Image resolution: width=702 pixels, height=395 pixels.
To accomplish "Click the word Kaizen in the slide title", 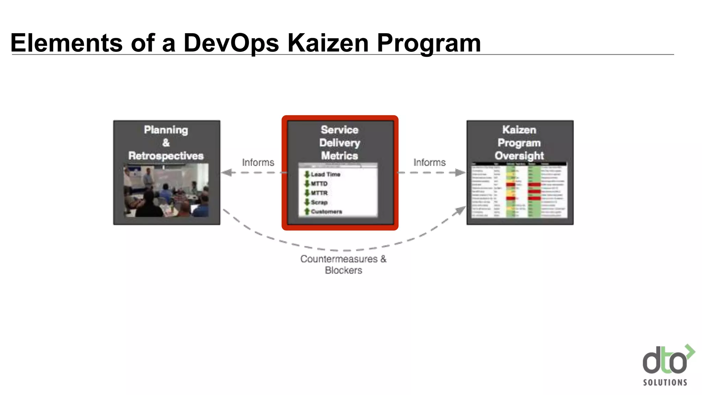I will (328, 43).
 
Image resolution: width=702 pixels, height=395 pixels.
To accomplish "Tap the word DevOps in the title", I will (231, 43).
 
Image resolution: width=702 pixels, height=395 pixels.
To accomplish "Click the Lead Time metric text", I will (325, 175).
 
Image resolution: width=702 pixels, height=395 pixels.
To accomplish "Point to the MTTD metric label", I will (319, 184).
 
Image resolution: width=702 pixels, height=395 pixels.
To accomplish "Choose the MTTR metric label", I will (319, 193).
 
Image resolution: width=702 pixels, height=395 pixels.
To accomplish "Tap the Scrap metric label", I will (319, 202).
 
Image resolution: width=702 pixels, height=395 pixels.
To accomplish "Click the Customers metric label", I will (326, 212).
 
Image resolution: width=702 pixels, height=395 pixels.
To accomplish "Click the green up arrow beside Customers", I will (307, 212).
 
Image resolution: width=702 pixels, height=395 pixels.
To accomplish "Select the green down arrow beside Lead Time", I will (307, 175).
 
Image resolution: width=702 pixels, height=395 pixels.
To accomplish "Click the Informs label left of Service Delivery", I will (258, 162).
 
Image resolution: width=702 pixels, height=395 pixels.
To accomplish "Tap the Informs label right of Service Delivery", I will (429, 162).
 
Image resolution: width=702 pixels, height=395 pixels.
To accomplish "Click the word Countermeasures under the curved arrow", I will (339, 259).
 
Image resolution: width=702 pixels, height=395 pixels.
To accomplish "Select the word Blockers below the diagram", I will (343, 271).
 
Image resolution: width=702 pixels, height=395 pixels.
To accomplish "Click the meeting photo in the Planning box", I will (166, 190).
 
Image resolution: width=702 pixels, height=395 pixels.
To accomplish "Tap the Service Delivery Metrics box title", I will (339, 143).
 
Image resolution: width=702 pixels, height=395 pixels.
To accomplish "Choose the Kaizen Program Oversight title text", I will (519, 143).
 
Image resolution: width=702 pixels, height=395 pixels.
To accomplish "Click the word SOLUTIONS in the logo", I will (665, 382).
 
